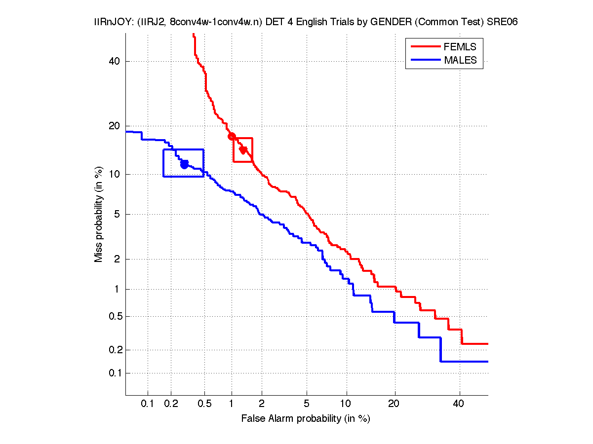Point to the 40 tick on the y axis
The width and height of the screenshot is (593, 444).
(115, 61)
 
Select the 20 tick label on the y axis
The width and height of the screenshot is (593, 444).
(115, 126)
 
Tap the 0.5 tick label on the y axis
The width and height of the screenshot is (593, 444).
(113, 316)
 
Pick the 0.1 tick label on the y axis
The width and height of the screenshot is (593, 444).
(113, 373)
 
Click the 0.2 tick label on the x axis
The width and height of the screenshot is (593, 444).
(171, 404)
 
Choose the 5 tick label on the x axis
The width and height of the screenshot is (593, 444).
(307, 404)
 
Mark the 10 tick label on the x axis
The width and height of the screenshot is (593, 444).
(347, 404)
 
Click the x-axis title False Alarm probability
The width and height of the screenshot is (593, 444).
(306, 419)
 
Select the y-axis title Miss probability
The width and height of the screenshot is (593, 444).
(99, 215)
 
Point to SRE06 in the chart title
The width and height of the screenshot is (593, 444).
(502, 23)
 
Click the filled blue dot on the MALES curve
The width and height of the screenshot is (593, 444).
(184, 164)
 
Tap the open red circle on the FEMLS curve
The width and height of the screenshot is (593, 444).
(232, 137)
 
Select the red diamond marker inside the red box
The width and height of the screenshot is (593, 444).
(243, 149)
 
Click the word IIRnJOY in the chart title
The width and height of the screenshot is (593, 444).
(112, 23)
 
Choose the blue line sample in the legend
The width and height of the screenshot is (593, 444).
(425, 60)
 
